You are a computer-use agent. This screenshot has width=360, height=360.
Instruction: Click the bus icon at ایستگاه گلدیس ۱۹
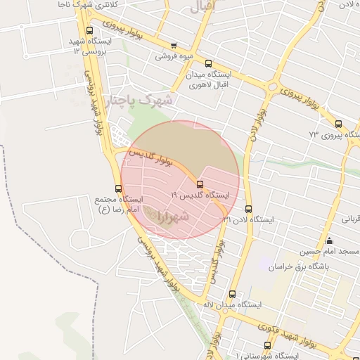[200, 185]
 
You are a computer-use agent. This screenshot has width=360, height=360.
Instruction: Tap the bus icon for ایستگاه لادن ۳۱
[248, 209]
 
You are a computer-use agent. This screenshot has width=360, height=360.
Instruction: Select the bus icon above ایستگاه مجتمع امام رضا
[118, 188]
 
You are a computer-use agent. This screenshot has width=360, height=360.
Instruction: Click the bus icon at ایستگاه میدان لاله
[233, 295]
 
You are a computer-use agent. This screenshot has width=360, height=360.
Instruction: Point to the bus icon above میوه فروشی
[174, 44]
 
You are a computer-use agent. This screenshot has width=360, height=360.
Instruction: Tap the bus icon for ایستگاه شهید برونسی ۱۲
[89, 30]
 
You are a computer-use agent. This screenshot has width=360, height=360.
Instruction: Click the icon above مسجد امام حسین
[330, 241]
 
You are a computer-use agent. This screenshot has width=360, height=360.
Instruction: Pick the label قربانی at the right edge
[351, 219]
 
